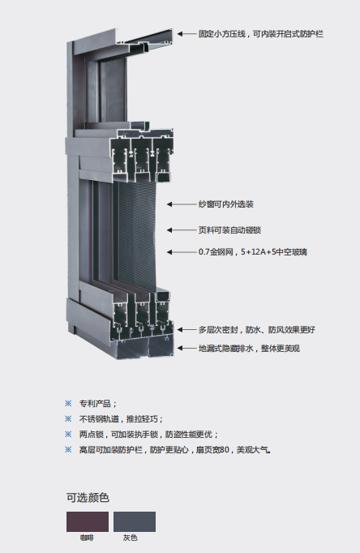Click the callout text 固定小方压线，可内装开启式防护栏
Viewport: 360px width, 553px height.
coord(260,34)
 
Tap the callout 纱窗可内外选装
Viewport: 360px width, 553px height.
coord(226,204)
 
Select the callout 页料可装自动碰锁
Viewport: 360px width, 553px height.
coord(229,230)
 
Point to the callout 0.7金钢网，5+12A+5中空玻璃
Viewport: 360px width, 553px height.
coord(252,252)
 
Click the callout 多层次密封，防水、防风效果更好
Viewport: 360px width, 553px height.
coord(257,330)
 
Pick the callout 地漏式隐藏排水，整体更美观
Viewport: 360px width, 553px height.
coord(249,349)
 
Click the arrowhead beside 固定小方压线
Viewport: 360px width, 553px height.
coord(180,34)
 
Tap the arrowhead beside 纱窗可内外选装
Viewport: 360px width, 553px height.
coord(169,204)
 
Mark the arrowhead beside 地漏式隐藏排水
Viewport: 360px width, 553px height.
coord(180,349)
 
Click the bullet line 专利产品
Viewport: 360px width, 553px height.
coord(98,404)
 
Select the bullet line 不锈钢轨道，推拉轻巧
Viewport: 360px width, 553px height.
coord(121,419)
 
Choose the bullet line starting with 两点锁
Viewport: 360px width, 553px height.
coord(149,435)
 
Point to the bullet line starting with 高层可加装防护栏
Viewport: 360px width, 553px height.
coord(175,450)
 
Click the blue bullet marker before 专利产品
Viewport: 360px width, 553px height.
coord(68,403)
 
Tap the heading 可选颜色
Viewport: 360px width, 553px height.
coord(88,498)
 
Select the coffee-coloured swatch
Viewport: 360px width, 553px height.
coord(88,521)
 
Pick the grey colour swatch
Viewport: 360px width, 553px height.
coord(135,521)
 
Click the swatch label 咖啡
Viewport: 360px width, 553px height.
coord(87,538)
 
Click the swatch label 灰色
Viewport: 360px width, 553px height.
coord(130,538)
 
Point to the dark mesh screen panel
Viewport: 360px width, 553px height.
coord(137,236)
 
